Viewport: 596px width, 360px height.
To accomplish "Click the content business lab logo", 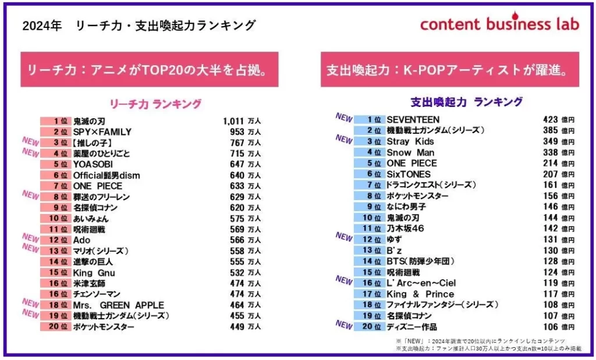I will coord(499,23).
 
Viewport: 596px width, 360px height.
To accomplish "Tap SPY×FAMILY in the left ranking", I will coord(102,131).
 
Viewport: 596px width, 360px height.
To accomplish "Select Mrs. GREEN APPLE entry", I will coord(118,305).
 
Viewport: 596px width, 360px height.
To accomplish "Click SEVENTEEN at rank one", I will coord(413,119).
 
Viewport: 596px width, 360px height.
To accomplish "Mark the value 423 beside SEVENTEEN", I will coord(550,119).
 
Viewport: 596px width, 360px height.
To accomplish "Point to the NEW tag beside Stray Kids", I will coord(344,139).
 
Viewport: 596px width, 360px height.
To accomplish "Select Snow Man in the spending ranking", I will coord(410,152).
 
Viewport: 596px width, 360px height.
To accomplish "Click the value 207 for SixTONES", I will coord(550,174).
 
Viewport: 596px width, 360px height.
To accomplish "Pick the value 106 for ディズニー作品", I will coord(550,327).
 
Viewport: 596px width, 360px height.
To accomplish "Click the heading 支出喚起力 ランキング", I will coord(466,102).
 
